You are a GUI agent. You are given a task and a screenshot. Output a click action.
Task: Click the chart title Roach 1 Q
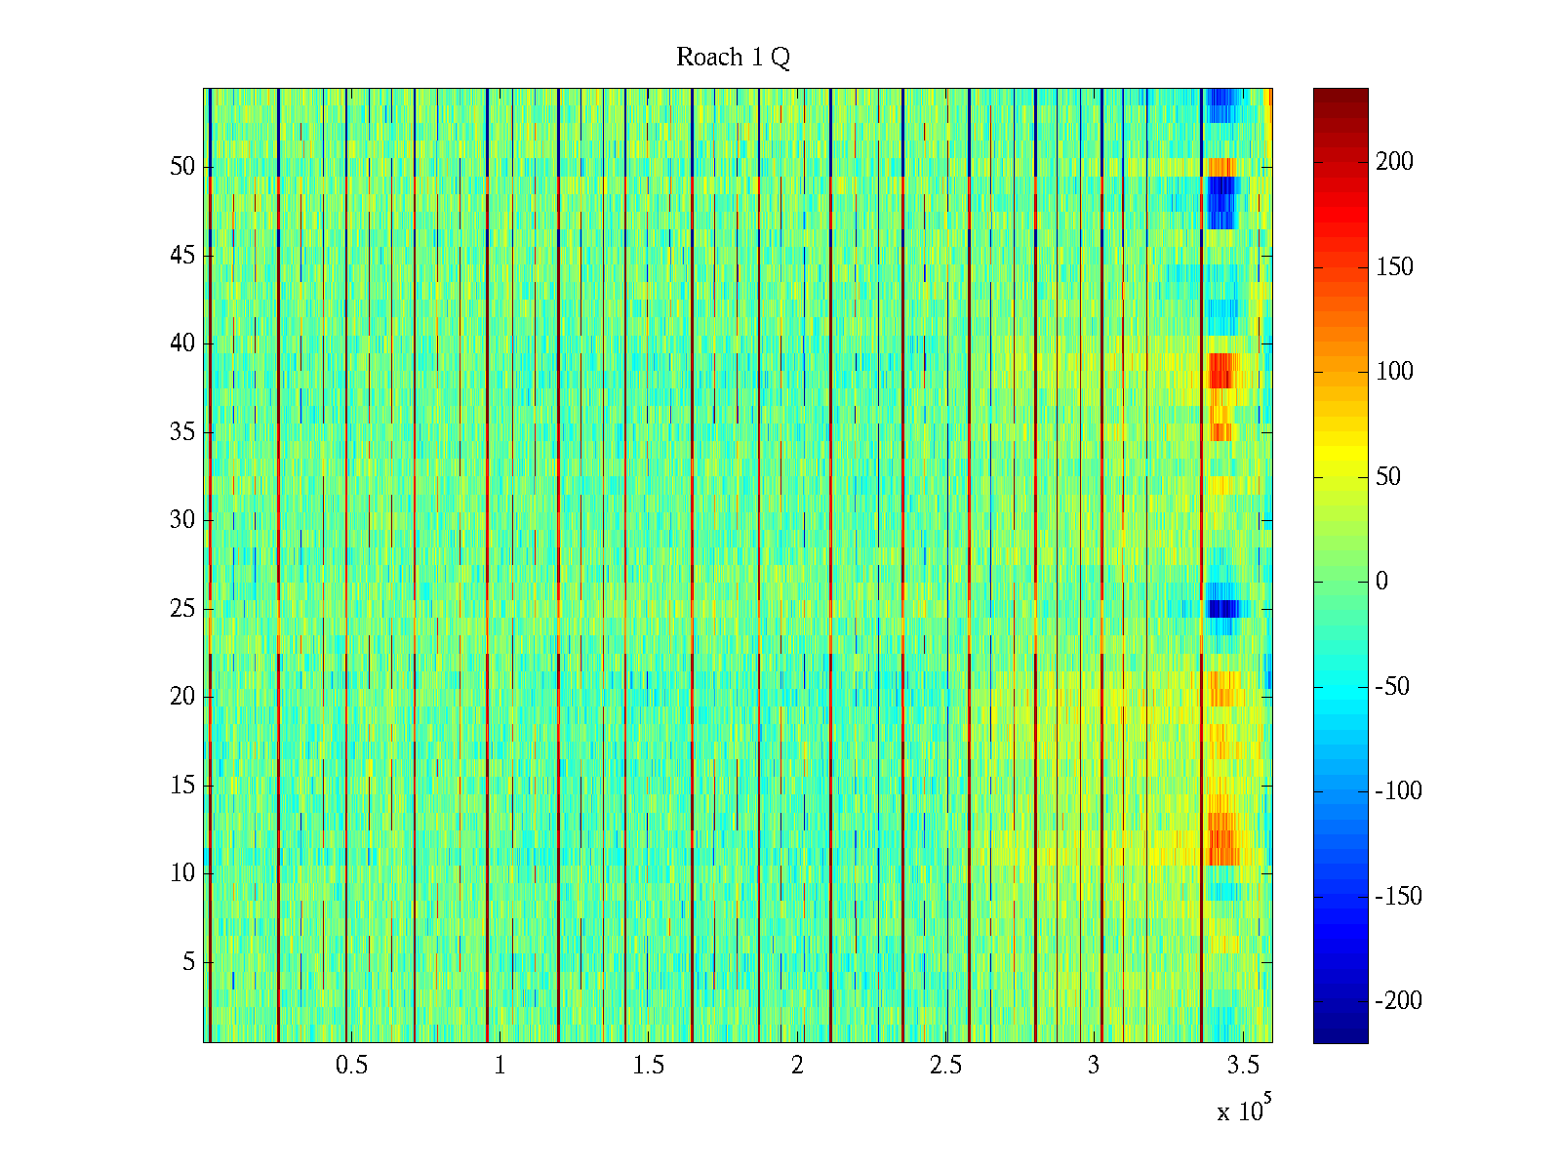coord(733,58)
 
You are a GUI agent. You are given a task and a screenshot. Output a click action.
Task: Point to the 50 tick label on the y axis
coord(182,167)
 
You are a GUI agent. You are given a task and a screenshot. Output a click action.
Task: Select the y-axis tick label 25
coord(182,609)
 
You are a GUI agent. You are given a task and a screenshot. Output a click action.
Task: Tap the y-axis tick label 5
coord(188,962)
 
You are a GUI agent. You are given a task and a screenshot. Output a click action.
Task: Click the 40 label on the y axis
coord(182,343)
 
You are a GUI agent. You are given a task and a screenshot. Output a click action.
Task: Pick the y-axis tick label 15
coord(182,786)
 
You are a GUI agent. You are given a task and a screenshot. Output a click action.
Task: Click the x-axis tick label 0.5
coord(352,1066)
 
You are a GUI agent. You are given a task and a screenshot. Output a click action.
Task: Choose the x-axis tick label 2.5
coord(945,1066)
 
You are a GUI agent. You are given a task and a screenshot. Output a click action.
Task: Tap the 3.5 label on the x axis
coord(1243,1066)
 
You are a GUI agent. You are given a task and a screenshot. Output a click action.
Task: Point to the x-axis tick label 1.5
coord(649,1066)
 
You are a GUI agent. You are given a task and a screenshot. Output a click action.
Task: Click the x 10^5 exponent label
coord(1243,1110)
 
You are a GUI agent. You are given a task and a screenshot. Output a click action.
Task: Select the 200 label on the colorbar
coord(1394,162)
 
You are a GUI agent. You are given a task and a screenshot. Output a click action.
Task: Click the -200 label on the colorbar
coord(1398,1001)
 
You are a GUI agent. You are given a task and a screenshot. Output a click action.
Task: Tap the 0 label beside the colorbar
coord(1381,582)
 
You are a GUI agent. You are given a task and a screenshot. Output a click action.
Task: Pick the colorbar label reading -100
coord(1398,791)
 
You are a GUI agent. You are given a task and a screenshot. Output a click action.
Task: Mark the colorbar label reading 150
coord(1394,267)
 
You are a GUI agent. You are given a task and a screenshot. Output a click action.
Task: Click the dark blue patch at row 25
coord(1222,609)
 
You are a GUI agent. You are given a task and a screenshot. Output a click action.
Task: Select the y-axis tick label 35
coord(182,432)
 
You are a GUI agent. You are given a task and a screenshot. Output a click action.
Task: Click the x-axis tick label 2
coord(797,1066)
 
